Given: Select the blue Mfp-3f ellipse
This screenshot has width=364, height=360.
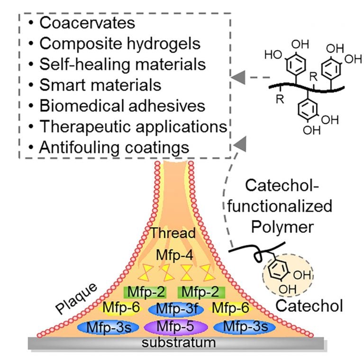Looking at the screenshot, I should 176,309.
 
